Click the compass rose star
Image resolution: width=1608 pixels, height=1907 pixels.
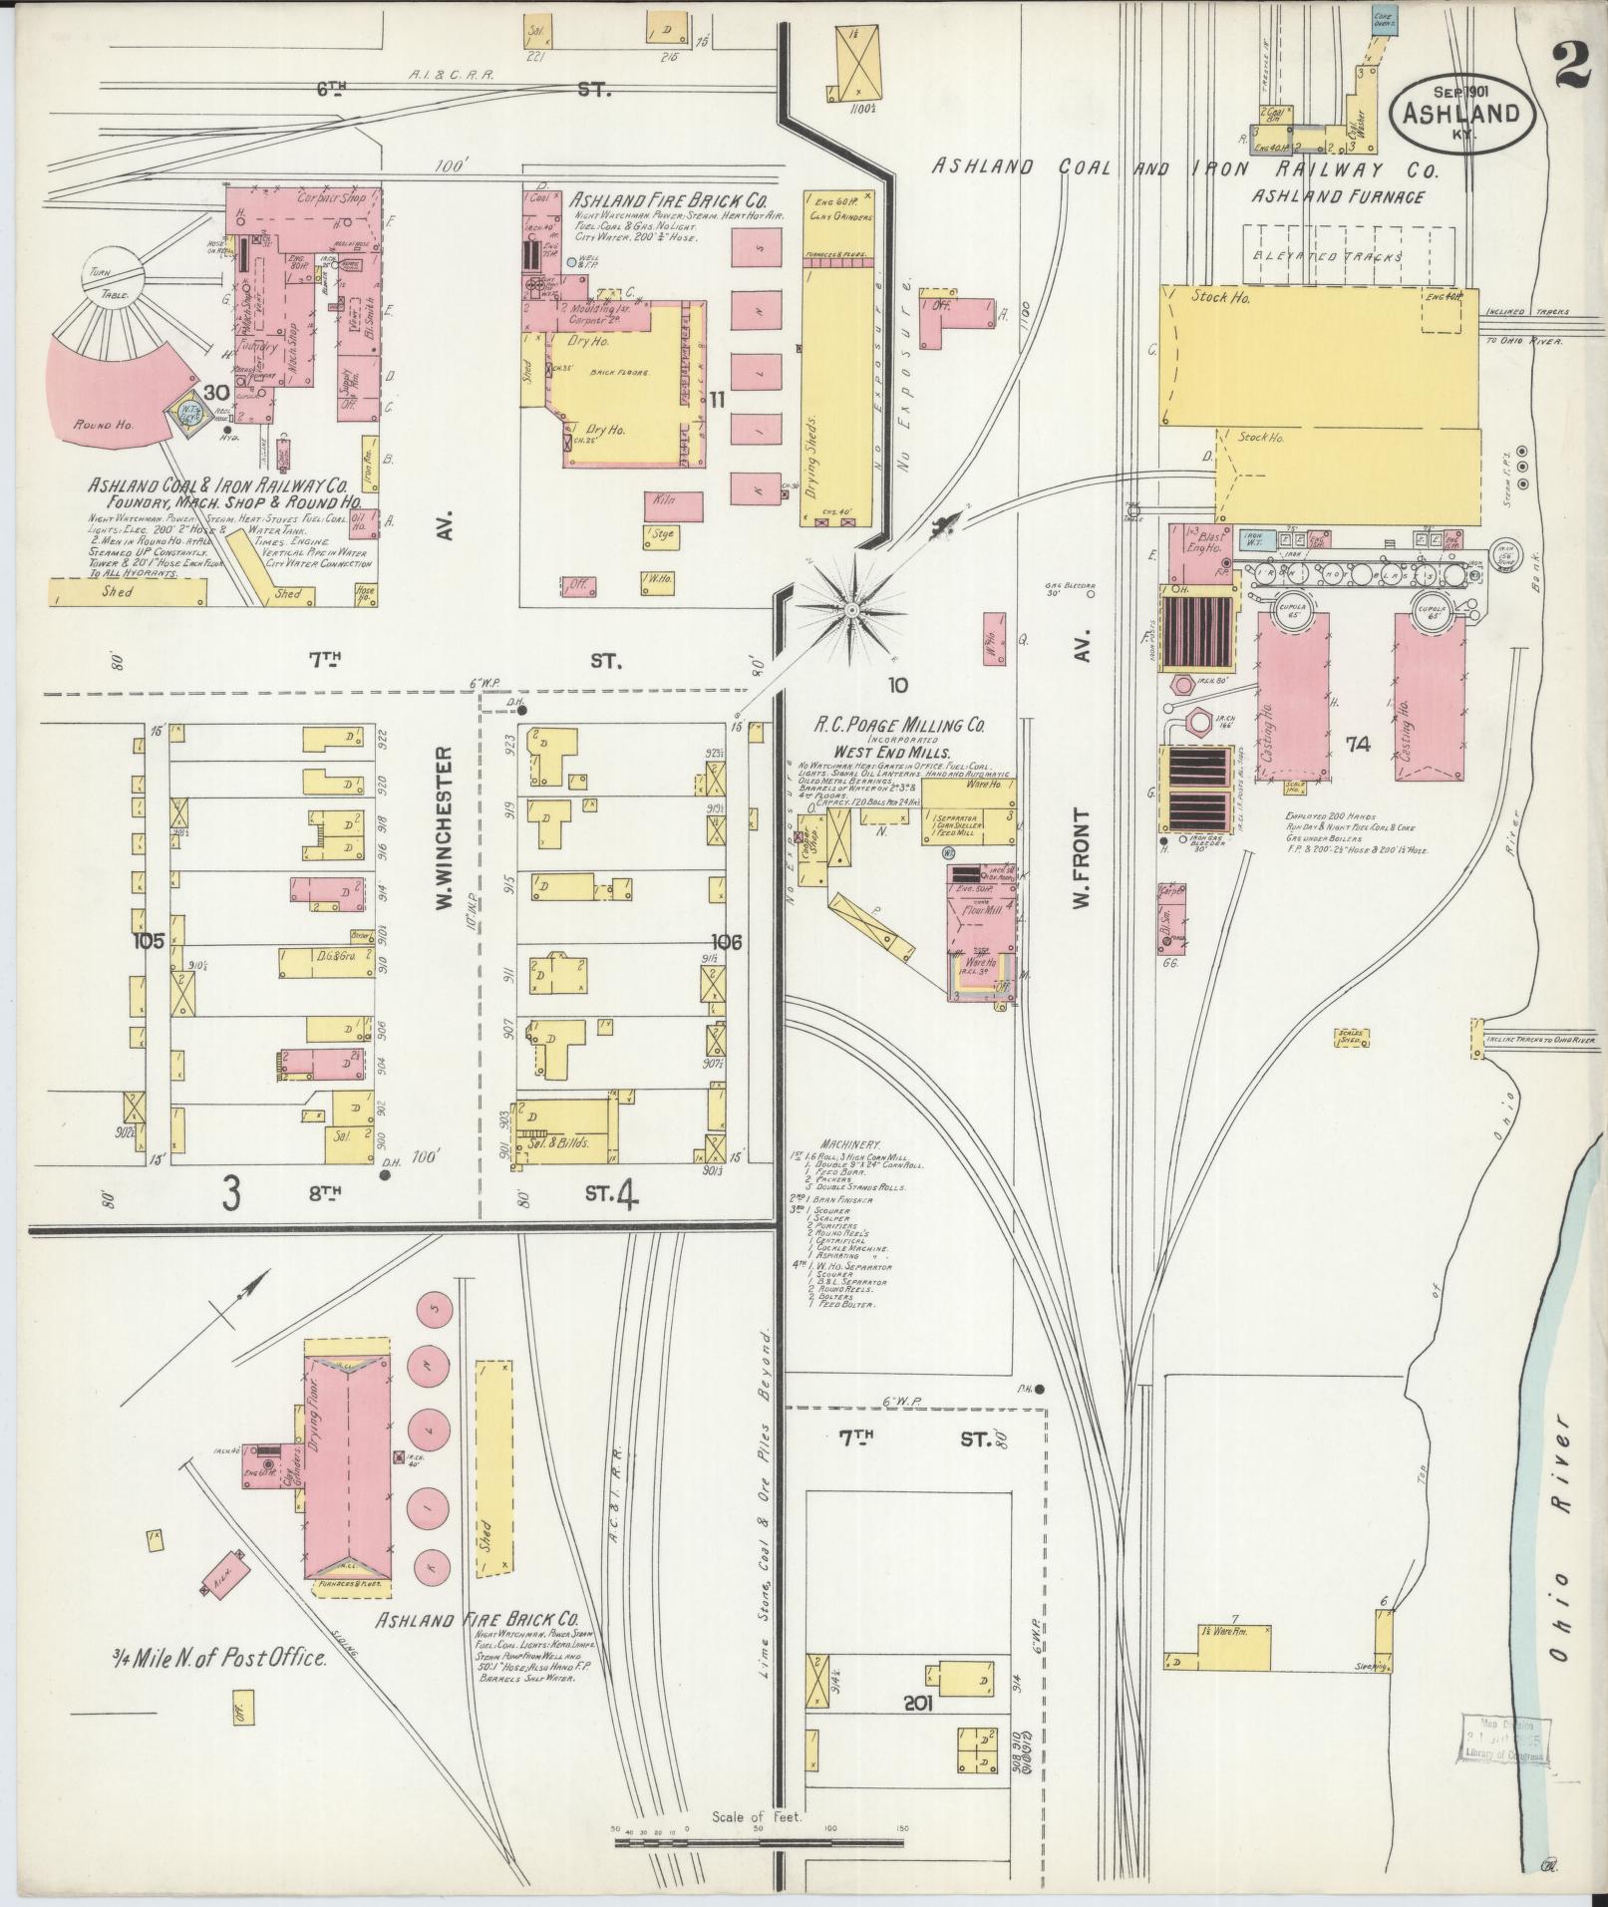[852, 608]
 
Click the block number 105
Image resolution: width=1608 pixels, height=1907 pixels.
[152, 940]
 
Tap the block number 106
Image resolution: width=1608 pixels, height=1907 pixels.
[728, 940]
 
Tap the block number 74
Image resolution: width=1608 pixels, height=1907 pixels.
[1357, 744]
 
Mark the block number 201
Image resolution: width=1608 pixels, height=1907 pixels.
[917, 1704]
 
